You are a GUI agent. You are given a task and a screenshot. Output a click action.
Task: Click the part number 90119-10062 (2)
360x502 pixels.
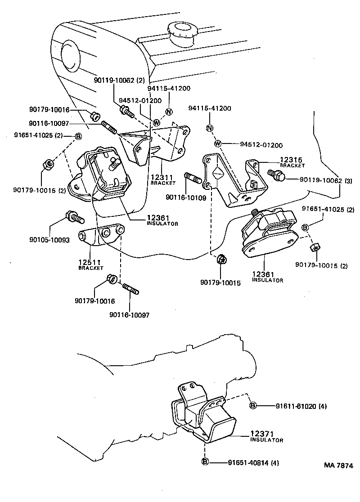pyautogui.click(x=119, y=81)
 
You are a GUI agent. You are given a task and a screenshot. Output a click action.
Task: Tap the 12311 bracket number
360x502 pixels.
pyautogui.click(x=160, y=178)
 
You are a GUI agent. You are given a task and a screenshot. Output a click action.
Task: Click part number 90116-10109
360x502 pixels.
pyautogui.click(x=186, y=197)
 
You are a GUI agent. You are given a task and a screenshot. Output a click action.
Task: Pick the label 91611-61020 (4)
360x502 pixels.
pyautogui.click(x=301, y=407)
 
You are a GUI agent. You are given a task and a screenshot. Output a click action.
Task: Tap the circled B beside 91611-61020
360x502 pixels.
pyautogui.click(x=253, y=406)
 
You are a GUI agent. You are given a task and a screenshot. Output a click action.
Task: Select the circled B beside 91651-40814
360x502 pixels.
pyautogui.click(x=205, y=462)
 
